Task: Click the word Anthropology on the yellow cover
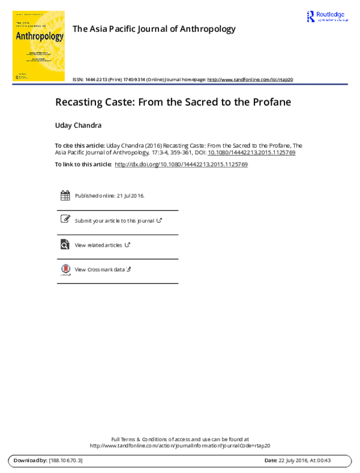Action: [39, 36]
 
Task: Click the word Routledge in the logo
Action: [332, 14]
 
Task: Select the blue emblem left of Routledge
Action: [311, 16]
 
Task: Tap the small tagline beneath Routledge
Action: [332, 20]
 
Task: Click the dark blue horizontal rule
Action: [180, 84]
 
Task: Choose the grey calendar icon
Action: [65, 195]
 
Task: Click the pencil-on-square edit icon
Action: [65, 219]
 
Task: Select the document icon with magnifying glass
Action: [65, 244]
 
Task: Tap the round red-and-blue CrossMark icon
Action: [65, 268]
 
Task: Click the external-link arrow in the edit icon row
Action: [159, 220]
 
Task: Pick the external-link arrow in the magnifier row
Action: [127, 244]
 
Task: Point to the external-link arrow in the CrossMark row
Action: [128, 269]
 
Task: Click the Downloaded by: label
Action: [30, 460]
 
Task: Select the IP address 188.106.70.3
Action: [66, 460]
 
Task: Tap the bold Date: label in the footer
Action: [271, 460]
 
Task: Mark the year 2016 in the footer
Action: [304, 460]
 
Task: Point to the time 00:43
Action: [324, 460]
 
